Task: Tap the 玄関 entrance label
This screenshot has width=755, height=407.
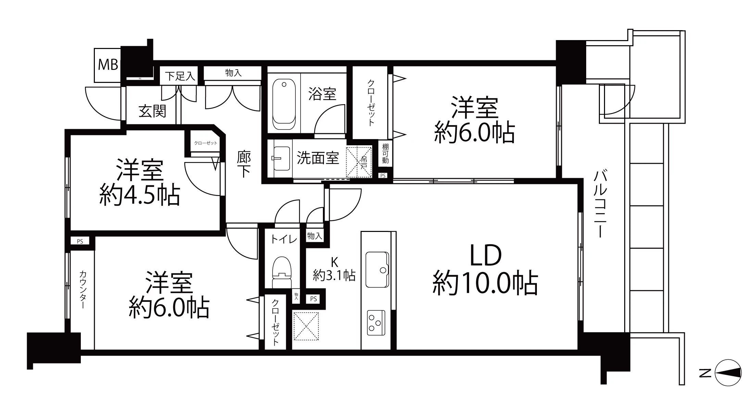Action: [152, 111]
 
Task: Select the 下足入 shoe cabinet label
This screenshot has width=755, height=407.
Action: [180, 76]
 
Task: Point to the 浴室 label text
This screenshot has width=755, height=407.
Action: [322, 94]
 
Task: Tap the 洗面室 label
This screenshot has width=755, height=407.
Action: [317, 158]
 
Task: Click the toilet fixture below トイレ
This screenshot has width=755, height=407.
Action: [281, 272]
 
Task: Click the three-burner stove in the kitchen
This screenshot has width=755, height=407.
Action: [376, 323]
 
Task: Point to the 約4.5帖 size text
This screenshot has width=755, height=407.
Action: [140, 195]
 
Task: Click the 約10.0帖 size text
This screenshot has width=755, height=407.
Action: [485, 284]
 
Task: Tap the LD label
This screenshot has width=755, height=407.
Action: [486, 256]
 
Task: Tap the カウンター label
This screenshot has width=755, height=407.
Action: [83, 290]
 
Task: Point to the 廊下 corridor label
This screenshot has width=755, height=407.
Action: [244, 164]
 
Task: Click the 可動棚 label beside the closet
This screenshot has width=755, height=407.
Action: [386, 153]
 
